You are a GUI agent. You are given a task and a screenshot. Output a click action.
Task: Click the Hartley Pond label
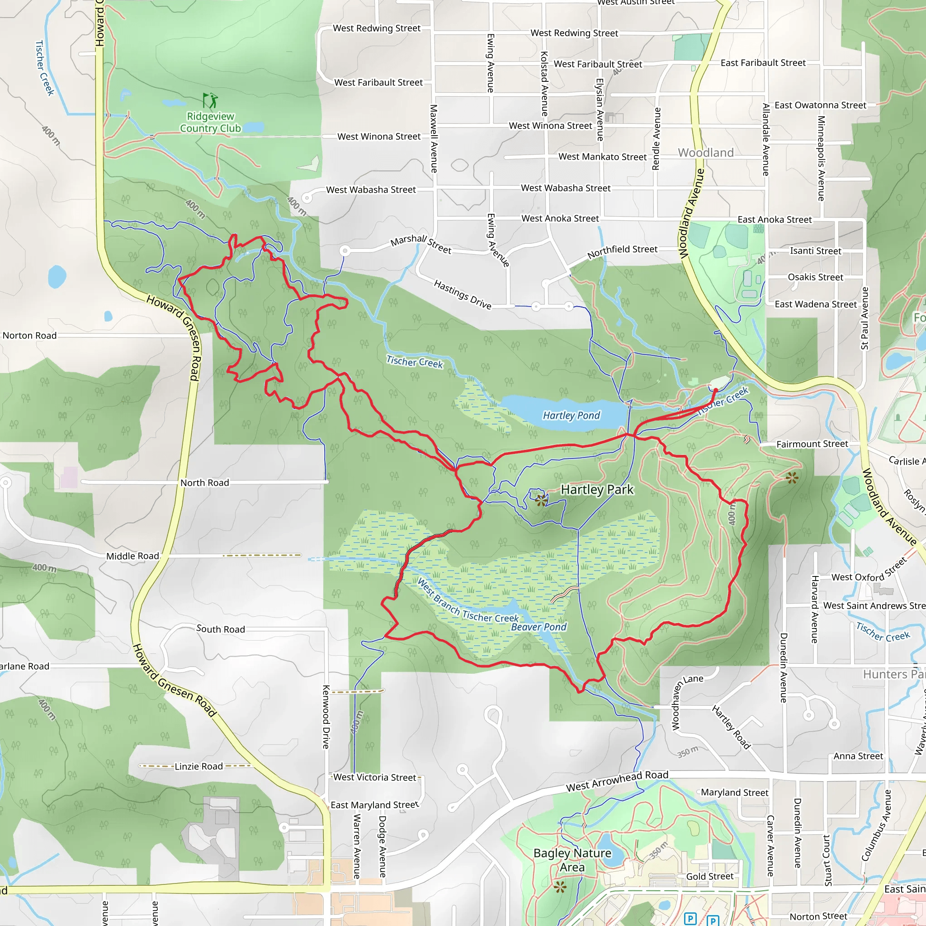pos(571,416)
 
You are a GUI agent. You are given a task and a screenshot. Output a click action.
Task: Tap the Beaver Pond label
pos(539,627)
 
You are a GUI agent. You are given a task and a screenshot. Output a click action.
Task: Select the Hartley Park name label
pos(597,489)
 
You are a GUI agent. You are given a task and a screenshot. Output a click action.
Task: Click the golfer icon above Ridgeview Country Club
pos(210,100)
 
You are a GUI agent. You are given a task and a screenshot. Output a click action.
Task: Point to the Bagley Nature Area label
pos(572,860)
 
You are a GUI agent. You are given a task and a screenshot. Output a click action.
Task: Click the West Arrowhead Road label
pos(617,781)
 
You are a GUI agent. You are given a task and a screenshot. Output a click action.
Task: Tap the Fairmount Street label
pos(812,444)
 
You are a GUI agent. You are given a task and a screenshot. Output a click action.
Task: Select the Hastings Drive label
pos(463,295)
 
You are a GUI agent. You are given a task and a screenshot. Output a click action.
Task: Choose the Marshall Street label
pos(421,244)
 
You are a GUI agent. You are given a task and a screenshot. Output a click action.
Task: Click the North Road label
pos(205,482)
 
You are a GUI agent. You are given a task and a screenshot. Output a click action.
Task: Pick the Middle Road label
pos(132,556)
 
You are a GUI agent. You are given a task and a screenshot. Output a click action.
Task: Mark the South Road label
pos(221,629)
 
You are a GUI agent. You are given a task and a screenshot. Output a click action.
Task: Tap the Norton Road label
pos(30,335)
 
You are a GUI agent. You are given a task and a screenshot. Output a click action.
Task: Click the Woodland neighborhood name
pos(705,153)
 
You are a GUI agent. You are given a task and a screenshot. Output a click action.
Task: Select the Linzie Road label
pos(198,766)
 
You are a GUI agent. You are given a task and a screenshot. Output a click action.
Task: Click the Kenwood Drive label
pos(326,717)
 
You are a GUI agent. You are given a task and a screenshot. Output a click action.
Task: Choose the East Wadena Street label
pos(815,304)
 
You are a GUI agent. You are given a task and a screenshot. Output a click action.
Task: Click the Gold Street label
pos(709,876)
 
